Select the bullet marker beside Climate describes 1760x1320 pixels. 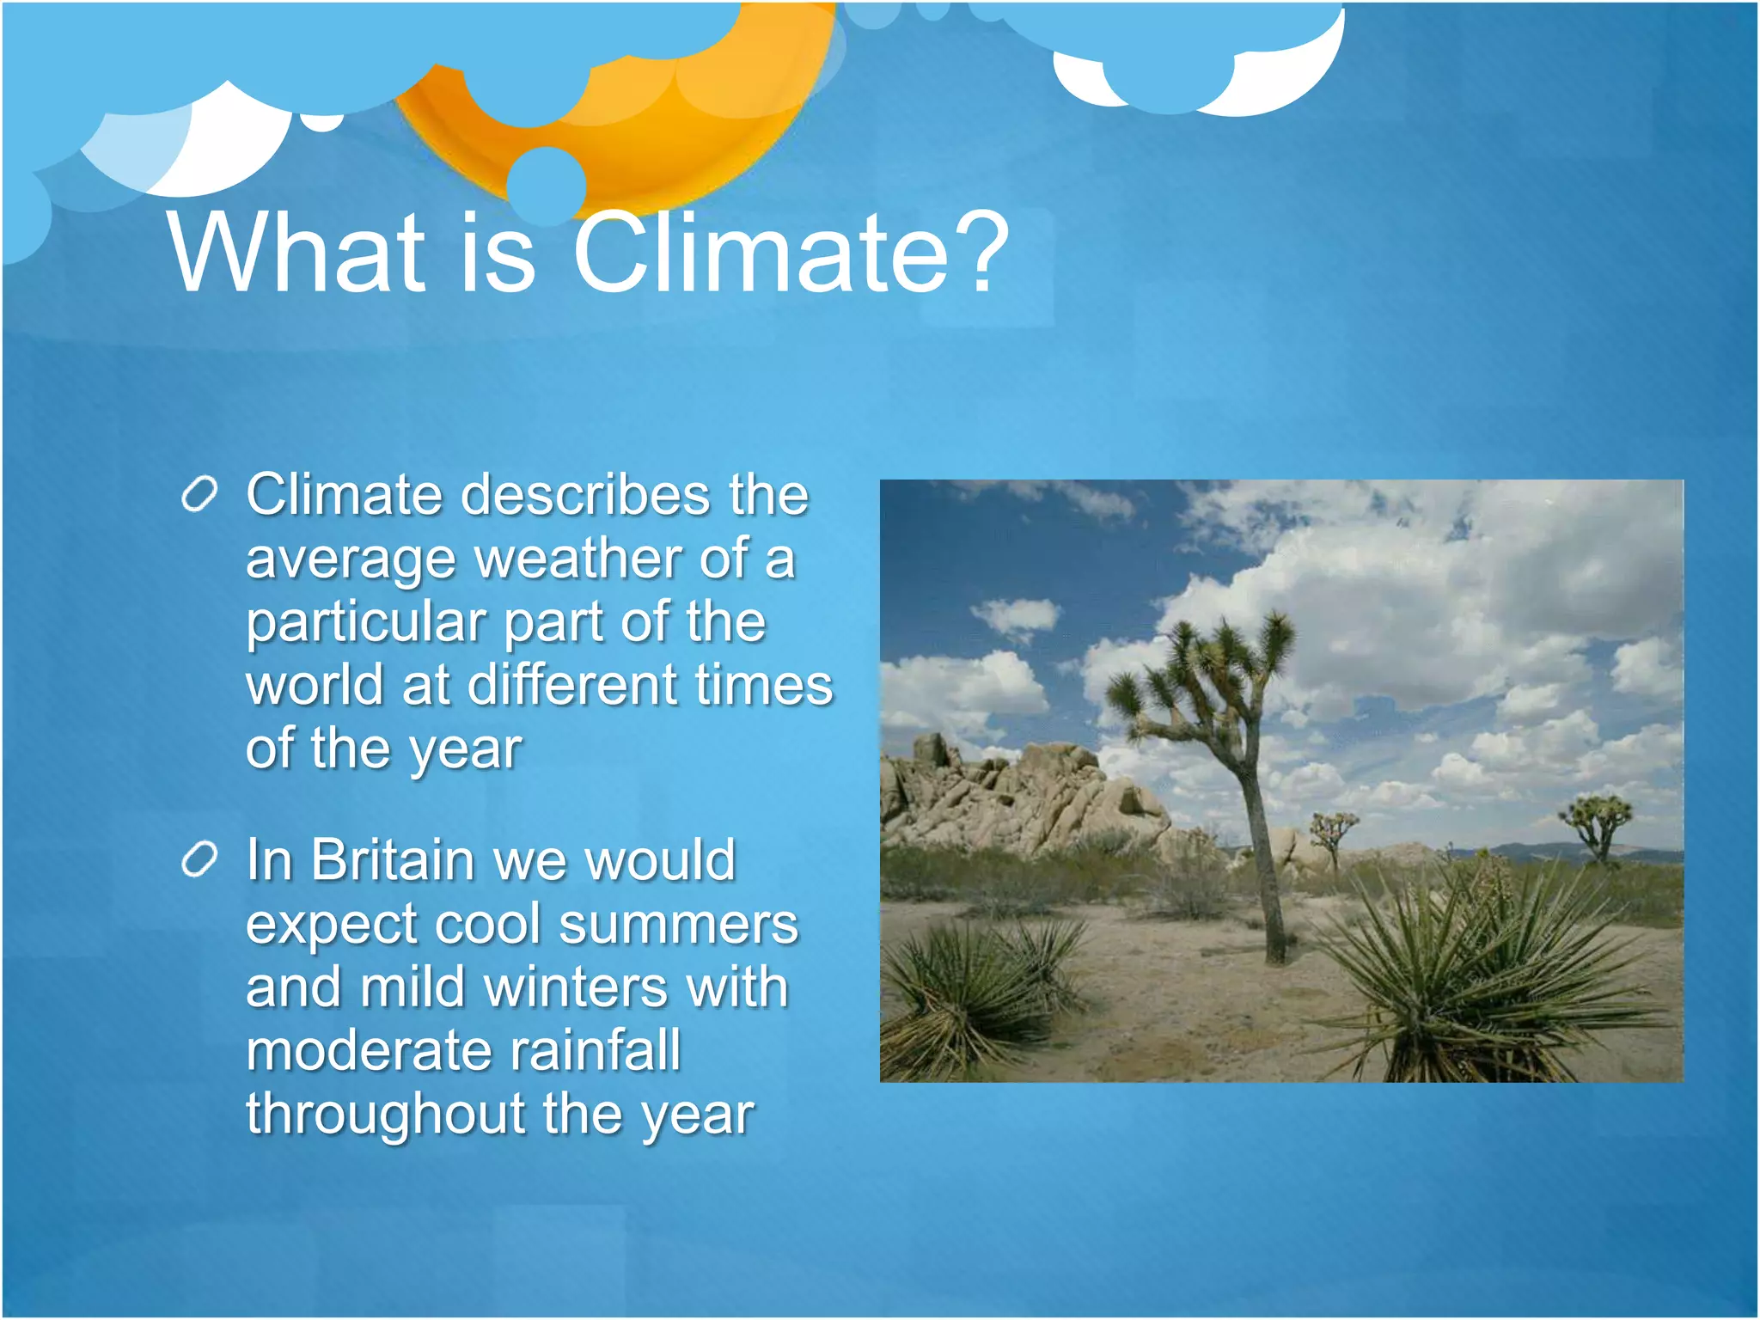[199, 496]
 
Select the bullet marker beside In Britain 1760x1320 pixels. [199, 860]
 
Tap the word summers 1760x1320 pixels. [678, 925]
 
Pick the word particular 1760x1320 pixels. [366, 623]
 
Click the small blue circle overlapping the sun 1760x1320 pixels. [547, 185]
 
